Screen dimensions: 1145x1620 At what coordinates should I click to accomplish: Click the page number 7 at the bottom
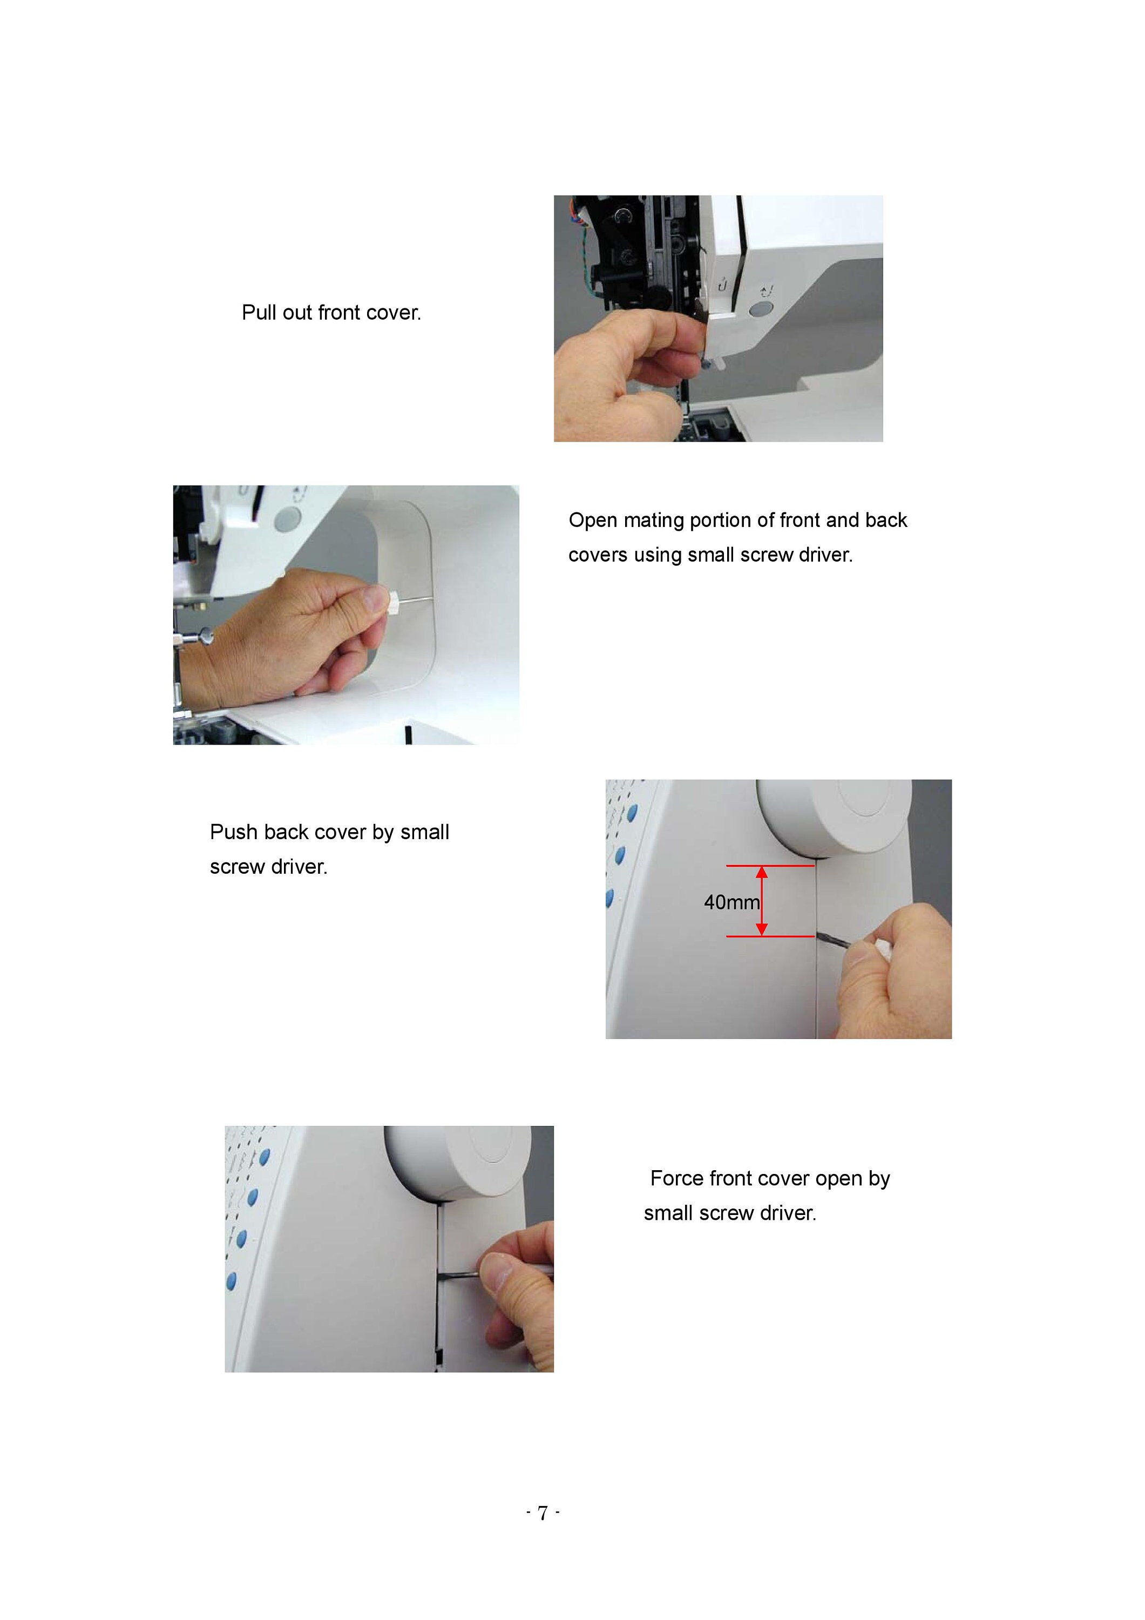point(543,1513)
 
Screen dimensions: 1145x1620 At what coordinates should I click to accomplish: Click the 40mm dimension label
point(731,902)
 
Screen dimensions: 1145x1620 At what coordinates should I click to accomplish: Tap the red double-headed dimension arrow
point(762,901)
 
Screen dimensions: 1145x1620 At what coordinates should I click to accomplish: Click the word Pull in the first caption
point(259,312)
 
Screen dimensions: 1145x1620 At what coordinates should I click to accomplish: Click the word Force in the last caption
point(677,1178)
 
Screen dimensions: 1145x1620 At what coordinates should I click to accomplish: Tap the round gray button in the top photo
point(759,309)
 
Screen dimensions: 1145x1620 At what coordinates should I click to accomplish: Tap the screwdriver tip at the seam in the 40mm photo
point(820,936)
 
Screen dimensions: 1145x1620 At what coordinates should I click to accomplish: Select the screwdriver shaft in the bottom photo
point(458,1275)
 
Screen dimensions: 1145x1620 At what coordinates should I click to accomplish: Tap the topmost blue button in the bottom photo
point(265,1158)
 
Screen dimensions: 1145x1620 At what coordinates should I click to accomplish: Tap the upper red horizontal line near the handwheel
point(770,866)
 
